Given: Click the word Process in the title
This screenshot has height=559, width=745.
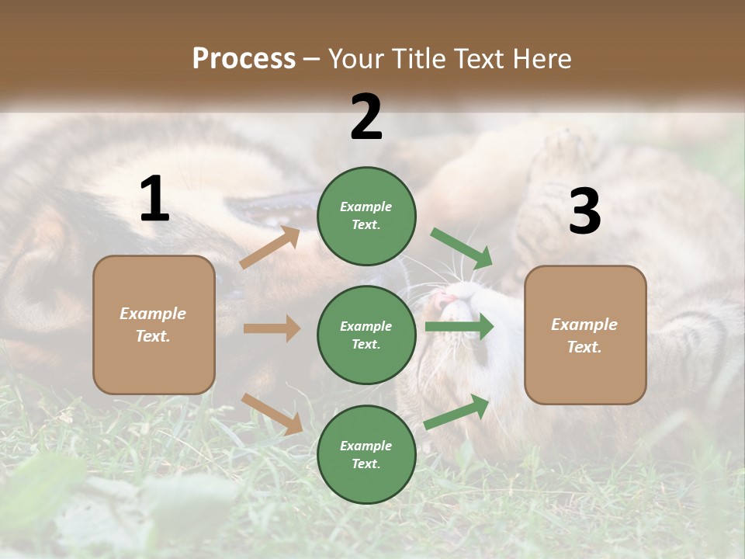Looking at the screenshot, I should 244,59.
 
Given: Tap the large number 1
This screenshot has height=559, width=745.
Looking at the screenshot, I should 154,200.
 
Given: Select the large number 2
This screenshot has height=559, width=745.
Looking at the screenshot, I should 366,117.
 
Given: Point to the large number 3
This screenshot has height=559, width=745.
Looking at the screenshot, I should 584,211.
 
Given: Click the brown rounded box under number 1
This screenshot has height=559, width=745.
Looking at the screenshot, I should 154,325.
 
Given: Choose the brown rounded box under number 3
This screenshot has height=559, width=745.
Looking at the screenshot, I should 585,335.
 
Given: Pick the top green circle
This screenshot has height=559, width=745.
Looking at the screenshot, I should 366,215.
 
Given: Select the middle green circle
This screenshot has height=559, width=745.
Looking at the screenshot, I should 366,335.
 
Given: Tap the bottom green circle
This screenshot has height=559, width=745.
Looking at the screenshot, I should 366,454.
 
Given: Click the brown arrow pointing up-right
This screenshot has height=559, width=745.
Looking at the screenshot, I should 270,248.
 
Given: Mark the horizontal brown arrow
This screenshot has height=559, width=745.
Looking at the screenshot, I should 272,328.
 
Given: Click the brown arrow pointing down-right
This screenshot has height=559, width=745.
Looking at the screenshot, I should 272,413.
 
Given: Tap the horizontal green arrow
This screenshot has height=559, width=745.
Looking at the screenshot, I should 459,326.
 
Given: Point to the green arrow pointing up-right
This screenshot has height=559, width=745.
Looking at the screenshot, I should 457,412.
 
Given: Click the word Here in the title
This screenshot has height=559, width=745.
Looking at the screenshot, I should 541,59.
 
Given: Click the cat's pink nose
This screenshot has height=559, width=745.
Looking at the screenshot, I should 445,300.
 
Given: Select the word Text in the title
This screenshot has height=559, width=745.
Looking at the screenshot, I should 479,59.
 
